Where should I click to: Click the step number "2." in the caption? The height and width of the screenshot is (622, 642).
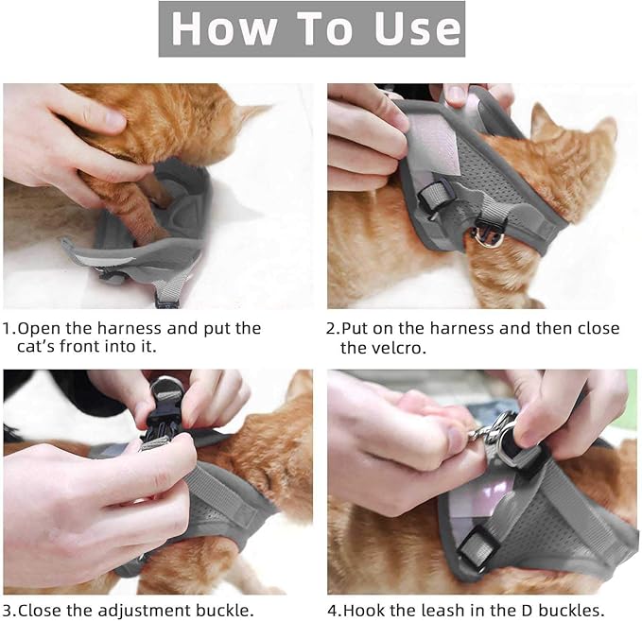click(x=333, y=329)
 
